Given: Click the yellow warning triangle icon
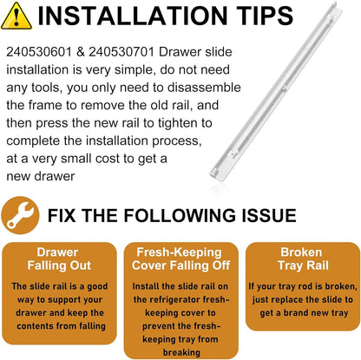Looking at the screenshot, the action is point(16,16).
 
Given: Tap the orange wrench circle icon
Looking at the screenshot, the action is point(20,215).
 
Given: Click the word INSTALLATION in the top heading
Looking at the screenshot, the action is point(133,16).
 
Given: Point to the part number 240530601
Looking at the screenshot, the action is point(39,52).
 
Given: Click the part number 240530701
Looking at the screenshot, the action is point(121,52).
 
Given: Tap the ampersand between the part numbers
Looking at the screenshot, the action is point(80,52).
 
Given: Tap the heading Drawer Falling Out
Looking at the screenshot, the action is point(59,259).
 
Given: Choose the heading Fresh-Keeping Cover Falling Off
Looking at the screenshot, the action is point(180,259).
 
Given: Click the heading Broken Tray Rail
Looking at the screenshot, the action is point(303,259).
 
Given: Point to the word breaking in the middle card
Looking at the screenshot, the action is point(181,352).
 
